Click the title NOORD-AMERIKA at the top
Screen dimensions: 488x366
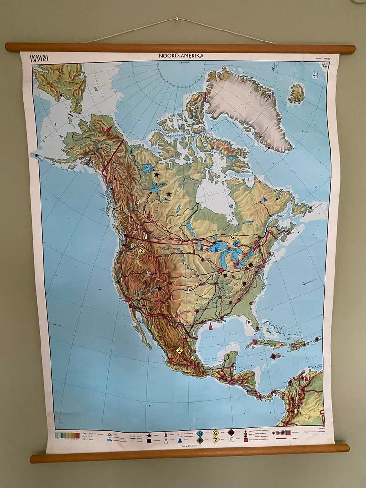(x=181, y=56)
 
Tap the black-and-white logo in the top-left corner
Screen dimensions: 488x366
(x=39, y=58)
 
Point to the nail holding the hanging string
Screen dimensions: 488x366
(x=176, y=19)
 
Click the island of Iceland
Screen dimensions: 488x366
(x=296, y=93)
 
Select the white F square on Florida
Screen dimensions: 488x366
(x=248, y=322)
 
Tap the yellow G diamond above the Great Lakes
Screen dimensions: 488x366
(x=232, y=237)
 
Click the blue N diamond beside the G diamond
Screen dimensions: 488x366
(x=236, y=243)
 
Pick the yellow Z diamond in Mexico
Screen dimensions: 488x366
(x=179, y=350)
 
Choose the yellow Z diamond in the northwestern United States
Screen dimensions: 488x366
(x=141, y=251)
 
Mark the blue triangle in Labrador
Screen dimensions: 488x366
(x=265, y=199)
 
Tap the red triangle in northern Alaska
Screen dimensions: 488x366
(x=109, y=129)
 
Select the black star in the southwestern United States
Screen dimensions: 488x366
(x=159, y=288)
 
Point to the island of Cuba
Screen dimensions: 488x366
(x=264, y=343)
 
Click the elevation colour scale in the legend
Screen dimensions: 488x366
(x=66, y=435)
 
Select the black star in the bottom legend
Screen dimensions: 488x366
(x=149, y=435)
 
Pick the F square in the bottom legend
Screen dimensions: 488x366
(x=231, y=439)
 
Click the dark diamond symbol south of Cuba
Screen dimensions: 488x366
(x=273, y=356)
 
